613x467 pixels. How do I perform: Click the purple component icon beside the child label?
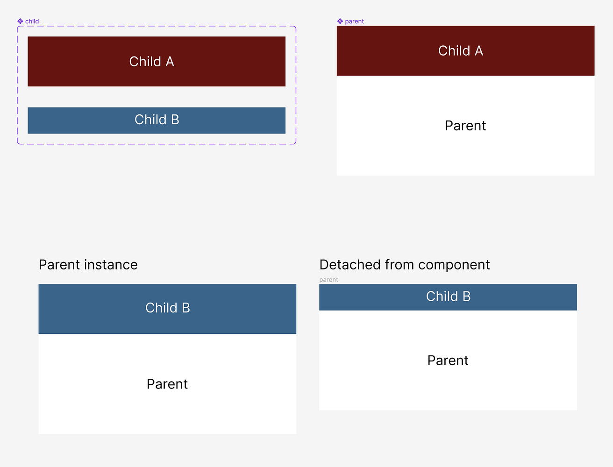click(x=20, y=21)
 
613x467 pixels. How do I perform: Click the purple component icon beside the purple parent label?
click(x=340, y=21)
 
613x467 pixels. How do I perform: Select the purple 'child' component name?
click(x=32, y=21)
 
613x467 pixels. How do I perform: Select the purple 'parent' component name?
click(x=355, y=21)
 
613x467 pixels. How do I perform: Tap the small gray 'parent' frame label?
click(x=329, y=280)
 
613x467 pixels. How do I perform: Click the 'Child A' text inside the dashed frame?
click(x=152, y=62)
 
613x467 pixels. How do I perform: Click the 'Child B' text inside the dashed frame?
click(x=157, y=120)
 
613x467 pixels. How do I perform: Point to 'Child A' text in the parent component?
click(x=461, y=51)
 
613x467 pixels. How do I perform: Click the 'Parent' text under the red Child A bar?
click(x=465, y=126)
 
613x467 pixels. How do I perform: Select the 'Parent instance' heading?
click(x=88, y=265)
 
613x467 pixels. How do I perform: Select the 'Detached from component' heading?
click(x=405, y=265)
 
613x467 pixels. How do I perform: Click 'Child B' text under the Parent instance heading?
click(x=168, y=308)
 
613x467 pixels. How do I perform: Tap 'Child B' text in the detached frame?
click(x=448, y=296)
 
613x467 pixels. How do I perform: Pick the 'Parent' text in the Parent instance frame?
click(x=167, y=384)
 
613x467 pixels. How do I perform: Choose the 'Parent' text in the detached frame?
click(x=448, y=361)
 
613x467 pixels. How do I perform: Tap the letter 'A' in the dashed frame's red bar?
click(x=170, y=62)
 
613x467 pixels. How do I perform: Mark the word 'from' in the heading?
click(x=399, y=265)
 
